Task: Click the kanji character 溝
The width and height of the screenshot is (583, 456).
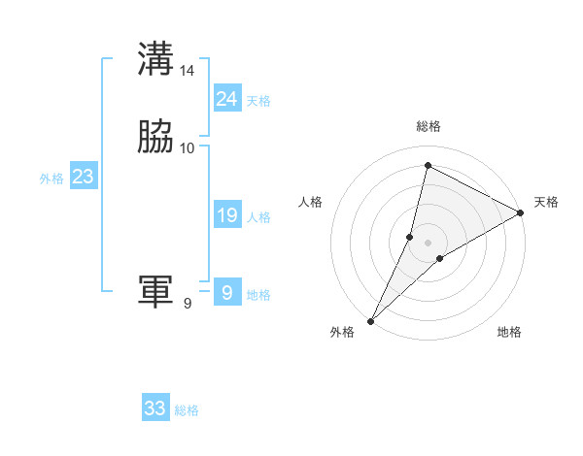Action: (x=155, y=59)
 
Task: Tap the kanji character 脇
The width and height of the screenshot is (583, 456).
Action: (x=155, y=138)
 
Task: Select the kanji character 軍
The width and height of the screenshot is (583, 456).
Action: (x=155, y=292)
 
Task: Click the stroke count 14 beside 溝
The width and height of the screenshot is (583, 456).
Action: (x=188, y=71)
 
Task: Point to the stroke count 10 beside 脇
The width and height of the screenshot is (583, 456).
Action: (x=188, y=148)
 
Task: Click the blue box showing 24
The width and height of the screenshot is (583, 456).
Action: (x=226, y=99)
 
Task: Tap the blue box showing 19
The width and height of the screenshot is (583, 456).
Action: (x=226, y=216)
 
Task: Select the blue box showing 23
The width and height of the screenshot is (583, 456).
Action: (x=83, y=178)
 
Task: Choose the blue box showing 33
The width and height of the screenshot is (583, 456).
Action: (x=155, y=408)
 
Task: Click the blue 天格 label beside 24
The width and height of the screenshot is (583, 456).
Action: (x=258, y=101)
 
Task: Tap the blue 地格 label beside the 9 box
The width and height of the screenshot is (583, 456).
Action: (x=258, y=295)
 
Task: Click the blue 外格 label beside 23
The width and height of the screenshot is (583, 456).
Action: (x=51, y=179)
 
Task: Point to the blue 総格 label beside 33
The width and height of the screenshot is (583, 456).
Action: (x=187, y=410)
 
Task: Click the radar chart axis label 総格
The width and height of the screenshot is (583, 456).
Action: (x=429, y=126)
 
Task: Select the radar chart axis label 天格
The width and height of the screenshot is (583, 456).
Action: (x=546, y=202)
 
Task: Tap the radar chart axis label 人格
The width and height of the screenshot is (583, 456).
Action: (x=310, y=202)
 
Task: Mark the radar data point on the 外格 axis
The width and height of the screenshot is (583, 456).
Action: (x=371, y=320)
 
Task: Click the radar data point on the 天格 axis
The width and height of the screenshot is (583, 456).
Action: (x=521, y=212)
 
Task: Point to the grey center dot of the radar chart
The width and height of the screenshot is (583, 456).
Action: (x=429, y=242)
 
